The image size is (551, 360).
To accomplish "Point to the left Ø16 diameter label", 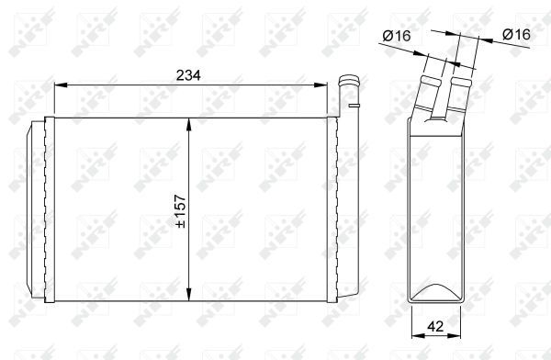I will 395,35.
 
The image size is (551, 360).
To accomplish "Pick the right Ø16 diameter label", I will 516,35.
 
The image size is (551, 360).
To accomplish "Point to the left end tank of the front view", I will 41,208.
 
